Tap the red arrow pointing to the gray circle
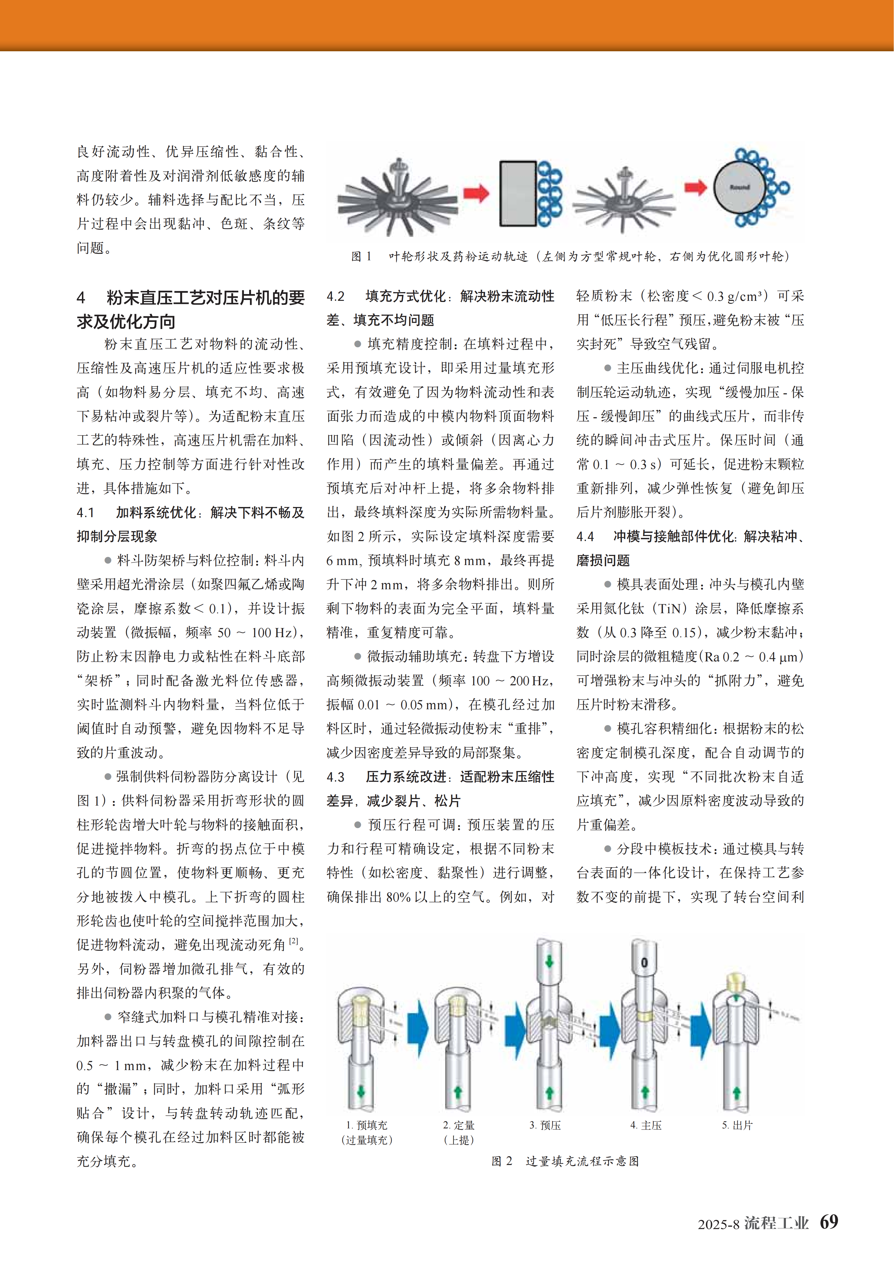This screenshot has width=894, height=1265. click(x=695, y=188)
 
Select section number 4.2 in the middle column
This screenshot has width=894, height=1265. click(x=335, y=296)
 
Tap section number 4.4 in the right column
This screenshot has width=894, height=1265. click(x=585, y=537)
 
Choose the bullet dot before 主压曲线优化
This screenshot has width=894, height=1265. click(x=608, y=368)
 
